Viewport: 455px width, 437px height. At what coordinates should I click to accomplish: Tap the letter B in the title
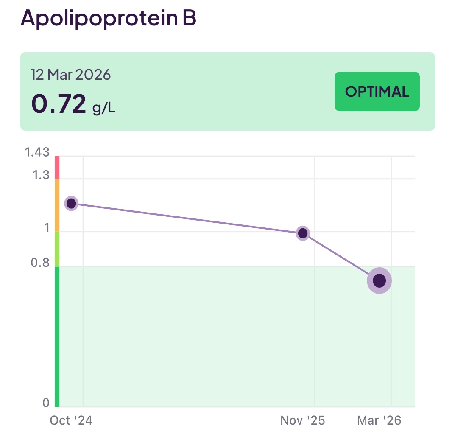(189, 18)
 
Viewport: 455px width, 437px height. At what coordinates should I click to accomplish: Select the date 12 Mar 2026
(71, 75)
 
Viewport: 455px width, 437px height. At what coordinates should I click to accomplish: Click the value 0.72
(59, 104)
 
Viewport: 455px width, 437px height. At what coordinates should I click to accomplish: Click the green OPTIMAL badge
(377, 92)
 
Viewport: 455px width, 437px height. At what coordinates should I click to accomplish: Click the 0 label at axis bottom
(46, 403)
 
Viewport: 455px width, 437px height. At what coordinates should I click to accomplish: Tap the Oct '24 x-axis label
(71, 420)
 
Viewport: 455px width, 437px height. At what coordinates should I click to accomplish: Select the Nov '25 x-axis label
(303, 420)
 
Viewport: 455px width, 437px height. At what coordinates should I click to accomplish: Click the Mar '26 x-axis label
(379, 420)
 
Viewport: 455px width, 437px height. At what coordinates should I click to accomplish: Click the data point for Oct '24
(71, 203)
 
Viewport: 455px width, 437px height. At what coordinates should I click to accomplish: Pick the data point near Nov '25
(303, 233)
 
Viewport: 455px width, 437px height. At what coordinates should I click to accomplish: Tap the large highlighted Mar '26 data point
(379, 280)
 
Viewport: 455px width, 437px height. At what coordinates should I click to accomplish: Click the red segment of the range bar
(57, 167)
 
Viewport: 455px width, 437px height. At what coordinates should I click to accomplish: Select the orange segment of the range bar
(57, 205)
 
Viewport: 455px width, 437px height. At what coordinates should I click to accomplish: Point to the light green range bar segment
(57, 249)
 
